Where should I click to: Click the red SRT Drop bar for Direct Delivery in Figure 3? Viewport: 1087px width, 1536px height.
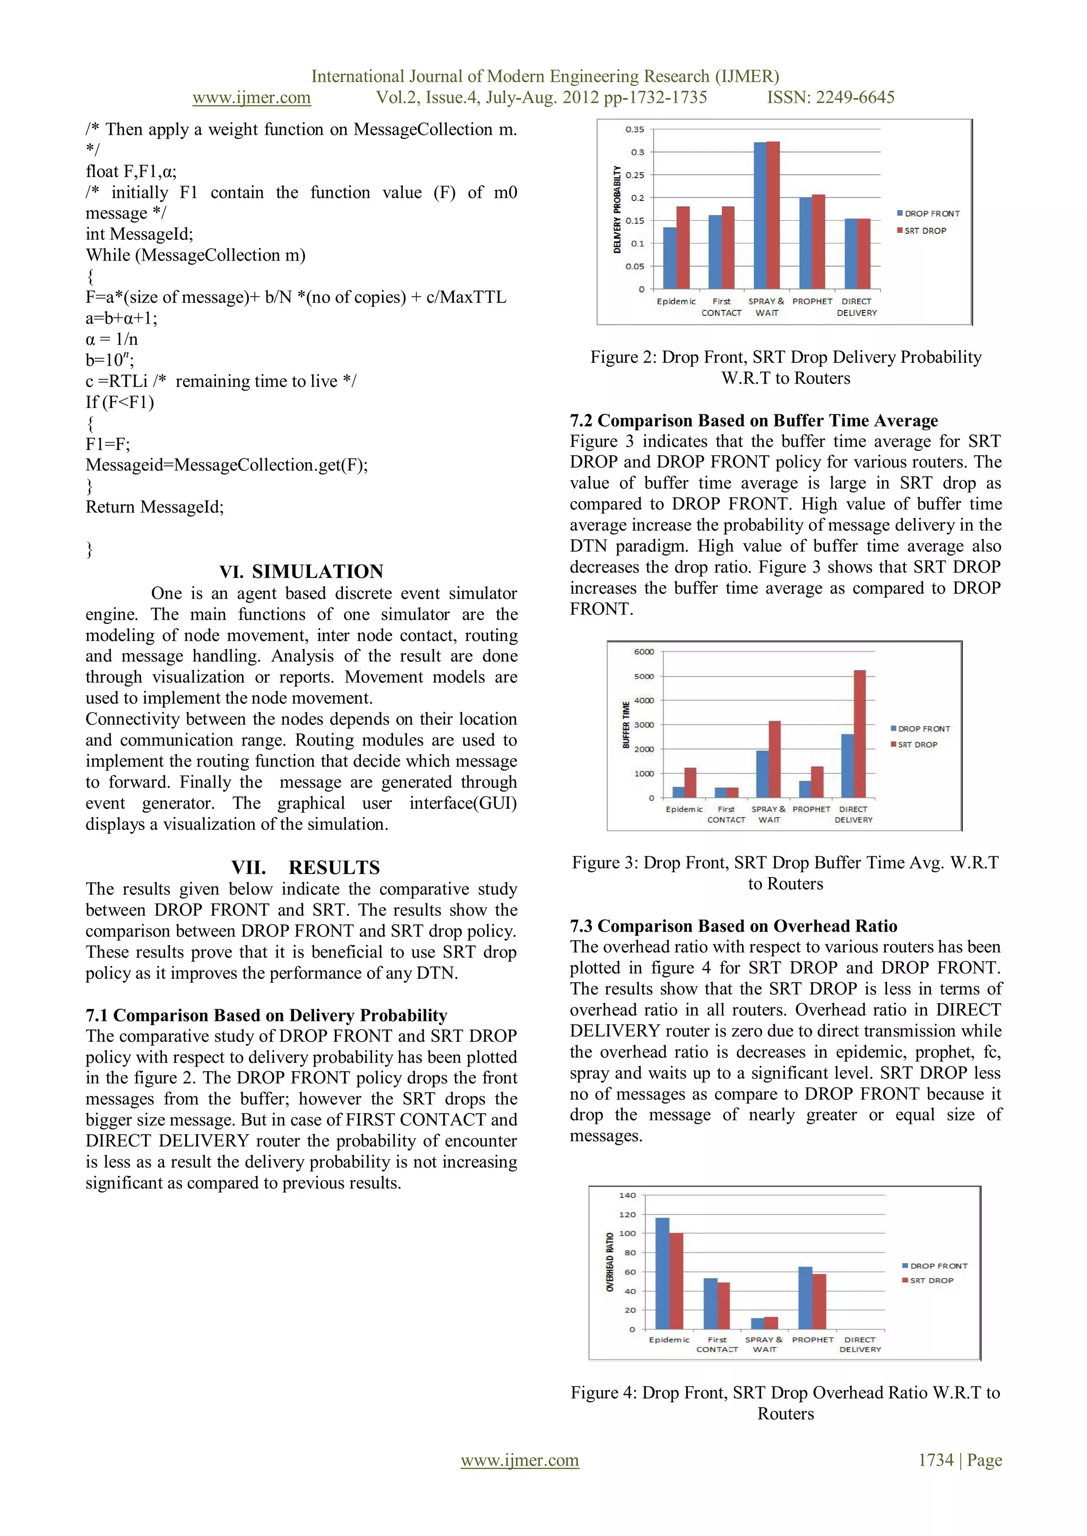pos(859,734)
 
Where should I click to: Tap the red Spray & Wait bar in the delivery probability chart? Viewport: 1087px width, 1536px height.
pos(773,215)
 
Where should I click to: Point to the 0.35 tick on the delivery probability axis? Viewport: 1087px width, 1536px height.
pos(635,129)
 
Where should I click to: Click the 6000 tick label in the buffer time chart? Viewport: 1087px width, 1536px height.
pos(644,652)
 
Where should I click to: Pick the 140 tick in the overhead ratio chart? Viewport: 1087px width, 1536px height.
pos(627,1195)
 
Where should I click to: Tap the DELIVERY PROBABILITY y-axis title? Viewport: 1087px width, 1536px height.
pos(617,210)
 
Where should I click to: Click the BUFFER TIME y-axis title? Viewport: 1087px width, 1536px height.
pos(626,725)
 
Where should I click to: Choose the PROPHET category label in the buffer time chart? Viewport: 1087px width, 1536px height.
pos(811,809)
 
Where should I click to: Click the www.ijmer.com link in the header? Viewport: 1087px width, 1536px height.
pos(252,98)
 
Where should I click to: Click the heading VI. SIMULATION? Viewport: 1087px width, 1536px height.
pos(301,571)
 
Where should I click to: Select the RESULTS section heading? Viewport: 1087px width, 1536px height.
pos(334,867)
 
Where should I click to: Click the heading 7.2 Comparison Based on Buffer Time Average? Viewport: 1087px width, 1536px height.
pos(754,420)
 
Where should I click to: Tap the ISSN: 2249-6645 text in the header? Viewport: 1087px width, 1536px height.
pos(830,98)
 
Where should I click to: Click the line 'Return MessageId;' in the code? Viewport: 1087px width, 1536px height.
pos(154,507)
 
